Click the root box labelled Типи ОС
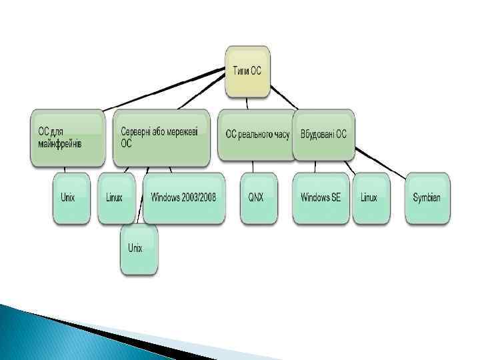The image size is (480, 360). [248, 71]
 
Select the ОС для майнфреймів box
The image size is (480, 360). [67, 138]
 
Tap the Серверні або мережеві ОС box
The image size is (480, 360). [161, 138]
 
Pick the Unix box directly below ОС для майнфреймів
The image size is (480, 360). [71, 198]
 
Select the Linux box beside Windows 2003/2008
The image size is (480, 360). [116, 198]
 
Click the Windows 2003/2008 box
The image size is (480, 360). [183, 198]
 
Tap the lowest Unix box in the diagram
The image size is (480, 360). [139, 249]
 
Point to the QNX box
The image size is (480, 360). [257, 198]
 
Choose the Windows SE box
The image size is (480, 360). [321, 198]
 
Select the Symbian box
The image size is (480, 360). [427, 198]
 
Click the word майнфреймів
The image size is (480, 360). [60, 144]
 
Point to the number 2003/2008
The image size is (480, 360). [201, 198]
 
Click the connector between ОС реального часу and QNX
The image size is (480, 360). [255, 167]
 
